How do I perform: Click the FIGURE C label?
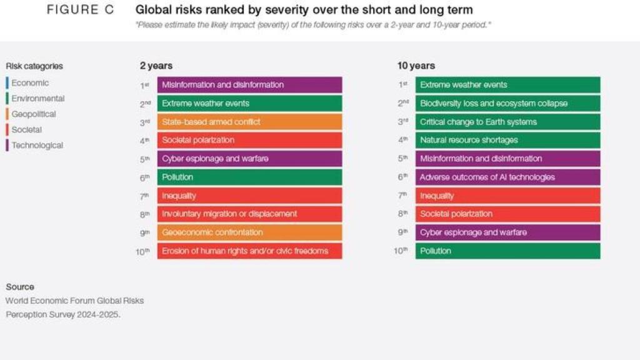point(81,11)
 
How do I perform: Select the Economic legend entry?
point(29,83)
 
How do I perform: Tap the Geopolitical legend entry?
point(33,114)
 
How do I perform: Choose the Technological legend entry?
point(37,146)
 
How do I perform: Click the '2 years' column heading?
point(156,66)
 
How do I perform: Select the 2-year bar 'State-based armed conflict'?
point(249,122)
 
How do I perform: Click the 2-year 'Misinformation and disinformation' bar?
point(249,85)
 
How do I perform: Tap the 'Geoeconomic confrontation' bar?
point(249,232)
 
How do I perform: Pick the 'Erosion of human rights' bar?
point(249,251)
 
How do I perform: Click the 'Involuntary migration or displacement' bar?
point(249,214)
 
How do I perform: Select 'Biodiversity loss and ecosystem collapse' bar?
point(507,103)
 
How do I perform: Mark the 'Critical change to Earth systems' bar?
point(507,122)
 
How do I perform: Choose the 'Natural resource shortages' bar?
point(507,140)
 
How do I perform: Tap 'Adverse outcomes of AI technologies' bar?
point(507,177)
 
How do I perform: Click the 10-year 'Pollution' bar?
point(507,251)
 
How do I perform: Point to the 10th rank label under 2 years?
point(143,251)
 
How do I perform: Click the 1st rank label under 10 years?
point(403,84)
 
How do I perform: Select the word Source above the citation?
point(20,287)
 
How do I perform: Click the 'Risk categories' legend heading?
point(34,66)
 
